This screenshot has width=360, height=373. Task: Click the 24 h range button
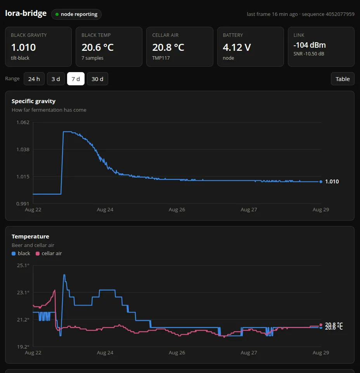point(34,79)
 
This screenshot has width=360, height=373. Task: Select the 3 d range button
point(56,79)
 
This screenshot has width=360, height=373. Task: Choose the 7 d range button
point(76,79)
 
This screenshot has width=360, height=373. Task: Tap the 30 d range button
point(97,79)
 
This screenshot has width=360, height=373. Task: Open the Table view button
point(343,79)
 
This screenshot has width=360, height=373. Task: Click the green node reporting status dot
point(57,14)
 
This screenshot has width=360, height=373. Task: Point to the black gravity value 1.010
point(24,47)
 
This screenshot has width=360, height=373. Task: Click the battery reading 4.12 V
point(237,47)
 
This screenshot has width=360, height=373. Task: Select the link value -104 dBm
point(310,45)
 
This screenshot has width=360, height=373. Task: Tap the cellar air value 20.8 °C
point(168,47)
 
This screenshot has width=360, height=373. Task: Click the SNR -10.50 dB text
point(309,54)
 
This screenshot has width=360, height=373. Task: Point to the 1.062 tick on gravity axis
point(23,122)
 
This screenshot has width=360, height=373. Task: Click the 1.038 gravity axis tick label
point(23,149)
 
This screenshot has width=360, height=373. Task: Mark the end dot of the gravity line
point(321,182)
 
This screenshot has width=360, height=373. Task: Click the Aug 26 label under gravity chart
point(177,210)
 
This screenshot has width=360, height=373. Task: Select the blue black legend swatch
point(14,254)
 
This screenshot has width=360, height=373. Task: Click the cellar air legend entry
point(49,254)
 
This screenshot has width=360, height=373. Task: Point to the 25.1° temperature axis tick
point(23,265)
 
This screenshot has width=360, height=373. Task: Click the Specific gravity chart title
point(33,101)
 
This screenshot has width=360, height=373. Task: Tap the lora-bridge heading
point(26,13)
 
